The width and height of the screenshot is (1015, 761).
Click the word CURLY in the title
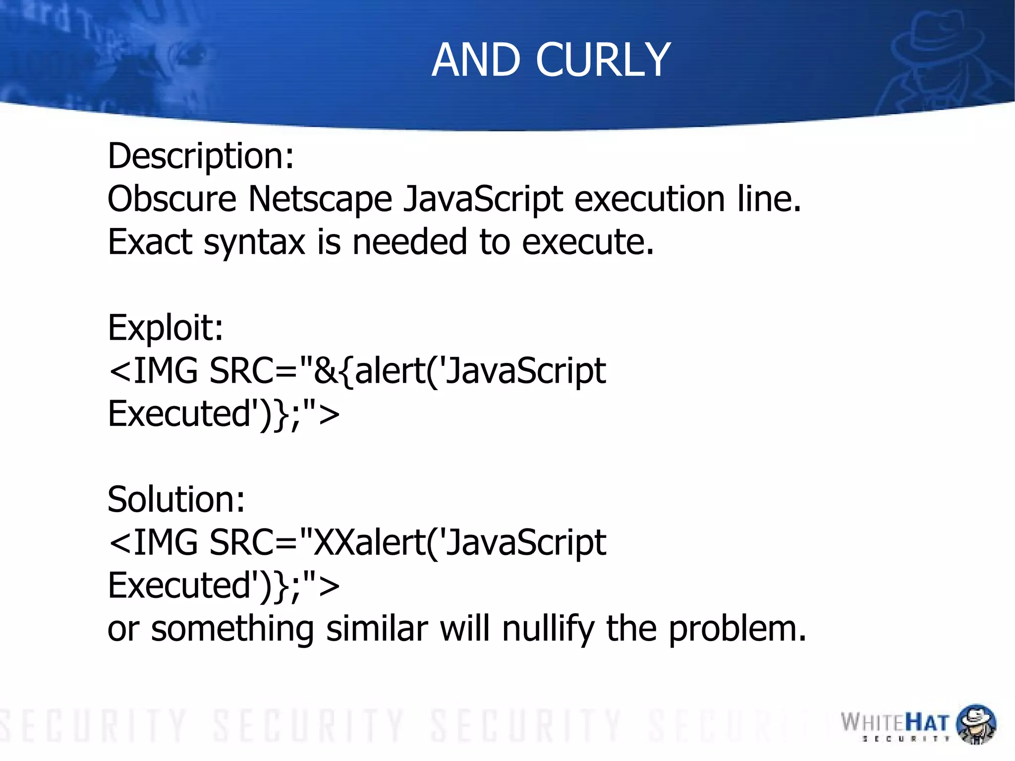point(603,60)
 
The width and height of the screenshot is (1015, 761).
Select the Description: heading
point(201,156)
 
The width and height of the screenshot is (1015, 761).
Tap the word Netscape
point(320,199)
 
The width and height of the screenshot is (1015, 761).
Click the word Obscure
point(172,199)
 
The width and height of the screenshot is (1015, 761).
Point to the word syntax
point(254,243)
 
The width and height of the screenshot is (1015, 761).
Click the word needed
point(409,242)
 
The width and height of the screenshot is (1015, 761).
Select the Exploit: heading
point(166,328)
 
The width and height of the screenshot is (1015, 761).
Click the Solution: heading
point(176,499)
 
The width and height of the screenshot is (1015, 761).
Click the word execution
point(650,199)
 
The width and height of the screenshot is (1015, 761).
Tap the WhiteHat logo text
point(895,723)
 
